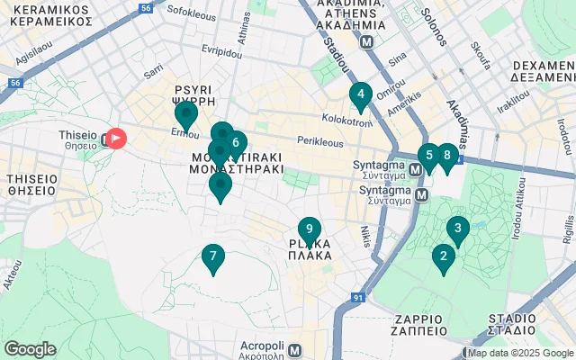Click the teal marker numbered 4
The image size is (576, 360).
tap(360, 94)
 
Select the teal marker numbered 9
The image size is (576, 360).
tap(309, 230)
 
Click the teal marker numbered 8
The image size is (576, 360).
tap(446, 156)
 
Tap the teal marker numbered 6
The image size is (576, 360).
tap(236, 143)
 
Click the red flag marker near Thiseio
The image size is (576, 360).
tap(116, 139)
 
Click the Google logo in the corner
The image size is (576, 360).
tap(30, 349)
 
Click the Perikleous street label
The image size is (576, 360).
tap(320, 142)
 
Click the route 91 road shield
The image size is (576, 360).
tap(357, 298)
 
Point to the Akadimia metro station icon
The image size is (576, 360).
tap(366, 41)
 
